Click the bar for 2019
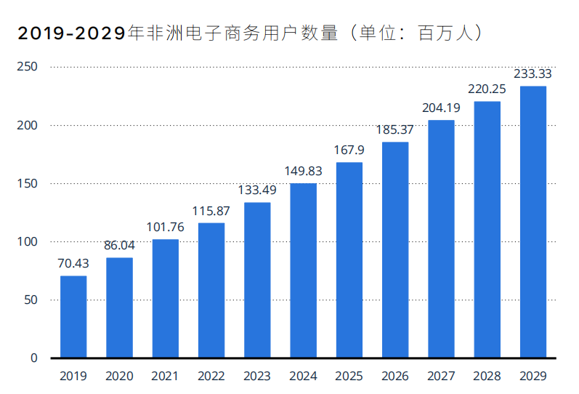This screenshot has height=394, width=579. [x=73, y=317]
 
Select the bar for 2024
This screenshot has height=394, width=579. [x=303, y=270]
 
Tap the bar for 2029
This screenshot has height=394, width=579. [x=533, y=222]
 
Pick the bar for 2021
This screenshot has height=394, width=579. [x=165, y=298]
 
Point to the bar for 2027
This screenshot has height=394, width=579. [x=441, y=238]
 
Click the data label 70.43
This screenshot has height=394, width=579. [x=73, y=263]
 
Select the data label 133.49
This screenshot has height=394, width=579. [x=257, y=190]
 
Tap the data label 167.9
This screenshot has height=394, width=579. [x=349, y=150]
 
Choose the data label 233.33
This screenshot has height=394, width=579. [x=533, y=73]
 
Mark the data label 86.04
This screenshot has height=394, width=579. [x=119, y=245]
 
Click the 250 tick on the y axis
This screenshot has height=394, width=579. [x=28, y=67]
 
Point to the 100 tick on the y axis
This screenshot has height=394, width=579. [x=28, y=241]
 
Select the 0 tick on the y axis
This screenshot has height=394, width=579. [x=33, y=358]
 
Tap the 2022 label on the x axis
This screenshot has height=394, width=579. [x=211, y=376]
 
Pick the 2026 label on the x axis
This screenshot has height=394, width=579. [x=394, y=376]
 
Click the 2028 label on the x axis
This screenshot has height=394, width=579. [x=487, y=376]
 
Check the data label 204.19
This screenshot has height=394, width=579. [x=441, y=108]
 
